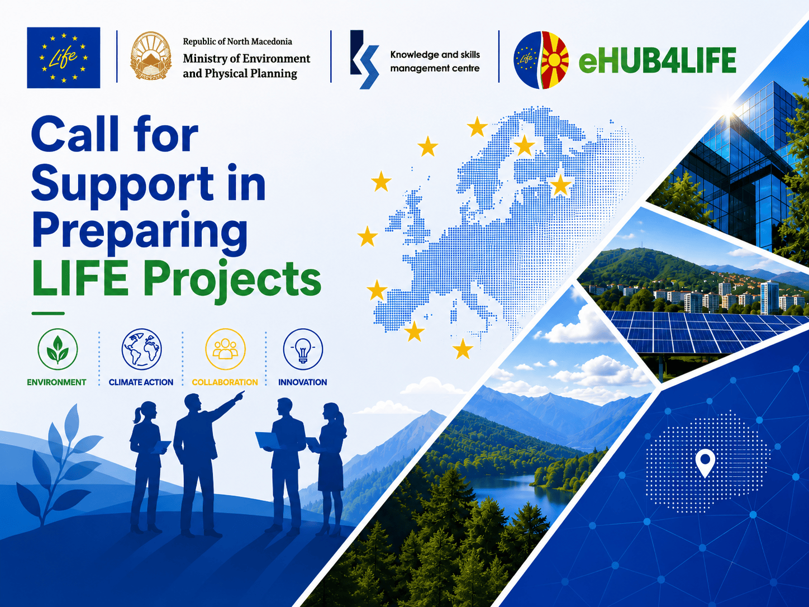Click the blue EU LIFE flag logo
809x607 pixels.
pos(63,58)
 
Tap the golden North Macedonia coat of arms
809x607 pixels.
pos(151,56)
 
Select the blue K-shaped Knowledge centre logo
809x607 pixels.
pos(364,59)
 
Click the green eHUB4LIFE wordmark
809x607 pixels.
pos(657,60)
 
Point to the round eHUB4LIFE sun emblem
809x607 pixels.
pos(541,60)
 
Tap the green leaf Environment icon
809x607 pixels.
pos(58,349)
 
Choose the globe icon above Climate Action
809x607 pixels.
pos(141,349)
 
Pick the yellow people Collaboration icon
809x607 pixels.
pos(225,349)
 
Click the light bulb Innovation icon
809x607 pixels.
pos(303,349)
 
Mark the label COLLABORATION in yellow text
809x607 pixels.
pos(225,382)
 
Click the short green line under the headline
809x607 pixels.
pos(48,314)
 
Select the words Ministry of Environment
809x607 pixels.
pos(246,59)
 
